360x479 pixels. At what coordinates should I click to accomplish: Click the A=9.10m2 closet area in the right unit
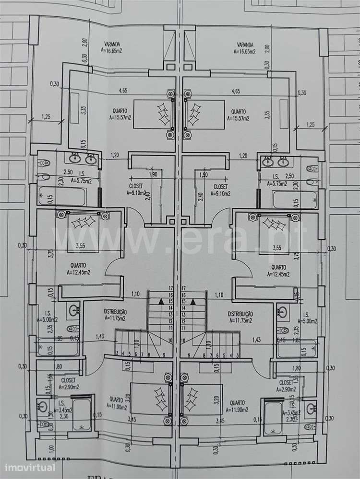pyautogui.click(x=220, y=194)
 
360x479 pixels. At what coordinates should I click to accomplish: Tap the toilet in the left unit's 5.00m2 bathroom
pyautogui.click(x=72, y=328)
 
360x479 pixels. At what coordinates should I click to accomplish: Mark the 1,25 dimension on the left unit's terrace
pyautogui.click(x=46, y=116)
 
